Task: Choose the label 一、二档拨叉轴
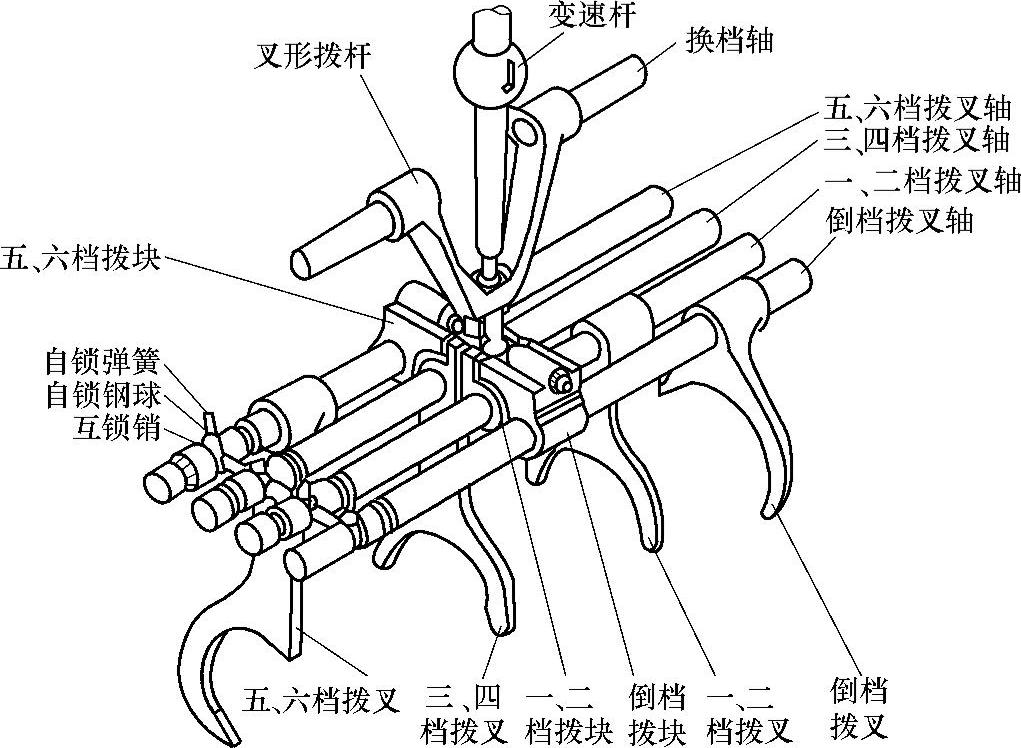point(921,181)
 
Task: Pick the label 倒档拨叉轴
point(900,219)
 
